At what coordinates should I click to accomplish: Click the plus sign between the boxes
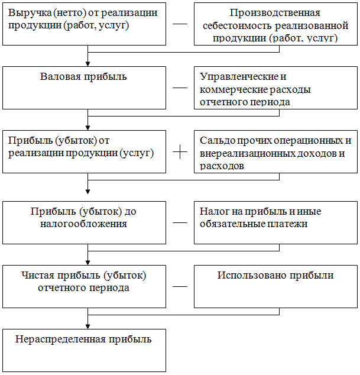pos(180,152)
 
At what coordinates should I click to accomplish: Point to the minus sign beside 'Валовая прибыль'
pos(180,88)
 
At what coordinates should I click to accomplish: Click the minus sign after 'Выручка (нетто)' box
pos(180,24)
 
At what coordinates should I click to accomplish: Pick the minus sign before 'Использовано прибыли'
pos(180,286)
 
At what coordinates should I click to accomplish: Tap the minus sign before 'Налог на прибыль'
pos(180,222)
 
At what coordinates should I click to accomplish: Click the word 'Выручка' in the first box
pos(30,13)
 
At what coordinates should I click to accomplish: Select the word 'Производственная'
pos(275,12)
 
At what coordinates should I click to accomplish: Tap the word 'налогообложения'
pos(83,224)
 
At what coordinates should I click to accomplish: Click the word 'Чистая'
pos(38,275)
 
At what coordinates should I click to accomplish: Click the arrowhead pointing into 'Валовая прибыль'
pos(87,64)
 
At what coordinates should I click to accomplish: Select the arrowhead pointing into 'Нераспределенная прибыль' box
pos(87,326)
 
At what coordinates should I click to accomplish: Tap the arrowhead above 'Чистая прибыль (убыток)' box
pos(87,263)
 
